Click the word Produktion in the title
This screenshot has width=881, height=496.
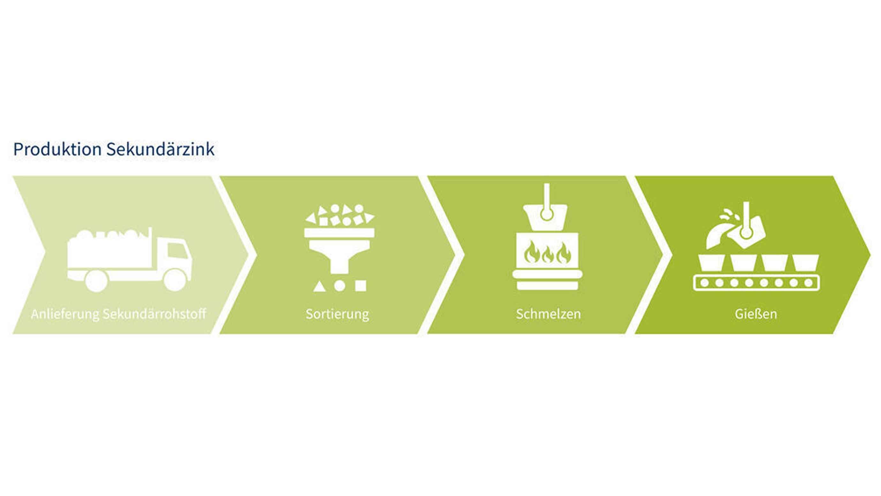pyautogui.click(x=57, y=150)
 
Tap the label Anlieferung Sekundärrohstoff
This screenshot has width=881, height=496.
pyautogui.click(x=118, y=314)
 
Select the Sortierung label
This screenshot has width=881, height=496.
pyautogui.click(x=337, y=314)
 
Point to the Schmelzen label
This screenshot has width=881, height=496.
pyautogui.click(x=548, y=314)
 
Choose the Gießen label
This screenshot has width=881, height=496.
pyautogui.click(x=756, y=314)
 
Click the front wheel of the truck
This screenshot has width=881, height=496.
pyautogui.click(x=175, y=279)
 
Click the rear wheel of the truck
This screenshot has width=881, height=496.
pyautogui.click(x=96, y=281)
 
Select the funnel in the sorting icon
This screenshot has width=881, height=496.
pyautogui.click(x=339, y=252)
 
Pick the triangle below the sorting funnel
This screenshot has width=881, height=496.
pyautogui.click(x=319, y=286)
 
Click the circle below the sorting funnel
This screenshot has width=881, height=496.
pyautogui.click(x=339, y=285)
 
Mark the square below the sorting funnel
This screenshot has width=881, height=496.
pyautogui.click(x=360, y=285)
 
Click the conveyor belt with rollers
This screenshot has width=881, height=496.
pyautogui.click(x=756, y=283)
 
